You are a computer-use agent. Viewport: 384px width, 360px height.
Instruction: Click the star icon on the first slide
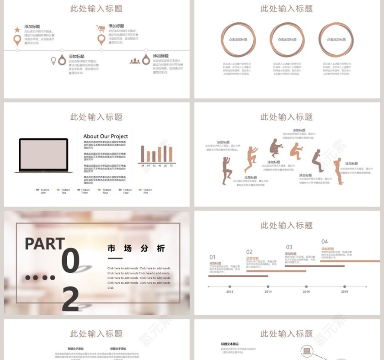click(x=17, y=30)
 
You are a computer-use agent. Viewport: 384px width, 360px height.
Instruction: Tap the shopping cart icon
click(x=101, y=28)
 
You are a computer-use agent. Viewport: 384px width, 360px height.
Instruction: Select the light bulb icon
click(x=53, y=60)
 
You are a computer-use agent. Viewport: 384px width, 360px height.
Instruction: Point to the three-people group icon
click(x=134, y=60)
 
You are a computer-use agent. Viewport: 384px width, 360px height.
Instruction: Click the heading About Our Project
click(x=106, y=136)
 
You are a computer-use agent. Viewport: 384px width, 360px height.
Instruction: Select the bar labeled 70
click(x=171, y=154)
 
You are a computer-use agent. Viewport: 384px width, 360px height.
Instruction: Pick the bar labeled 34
click(x=143, y=154)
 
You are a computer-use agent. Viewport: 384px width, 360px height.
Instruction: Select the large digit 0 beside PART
click(x=71, y=260)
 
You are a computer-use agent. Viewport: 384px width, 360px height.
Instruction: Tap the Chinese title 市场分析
click(x=136, y=249)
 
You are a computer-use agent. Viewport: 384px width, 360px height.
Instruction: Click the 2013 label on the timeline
click(x=229, y=291)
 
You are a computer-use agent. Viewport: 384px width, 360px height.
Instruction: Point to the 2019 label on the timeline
click(x=344, y=291)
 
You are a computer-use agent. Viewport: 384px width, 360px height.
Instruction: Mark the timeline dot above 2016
click(x=306, y=287)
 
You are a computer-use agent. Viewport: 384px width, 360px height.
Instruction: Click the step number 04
click(x=325, y=242)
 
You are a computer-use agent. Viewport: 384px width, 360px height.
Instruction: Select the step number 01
click(x=213, y=257)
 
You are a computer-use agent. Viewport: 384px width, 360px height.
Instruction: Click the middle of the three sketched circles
click(x=287, y=40)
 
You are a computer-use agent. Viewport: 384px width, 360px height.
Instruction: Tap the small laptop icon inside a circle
click(x=307, y=351)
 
